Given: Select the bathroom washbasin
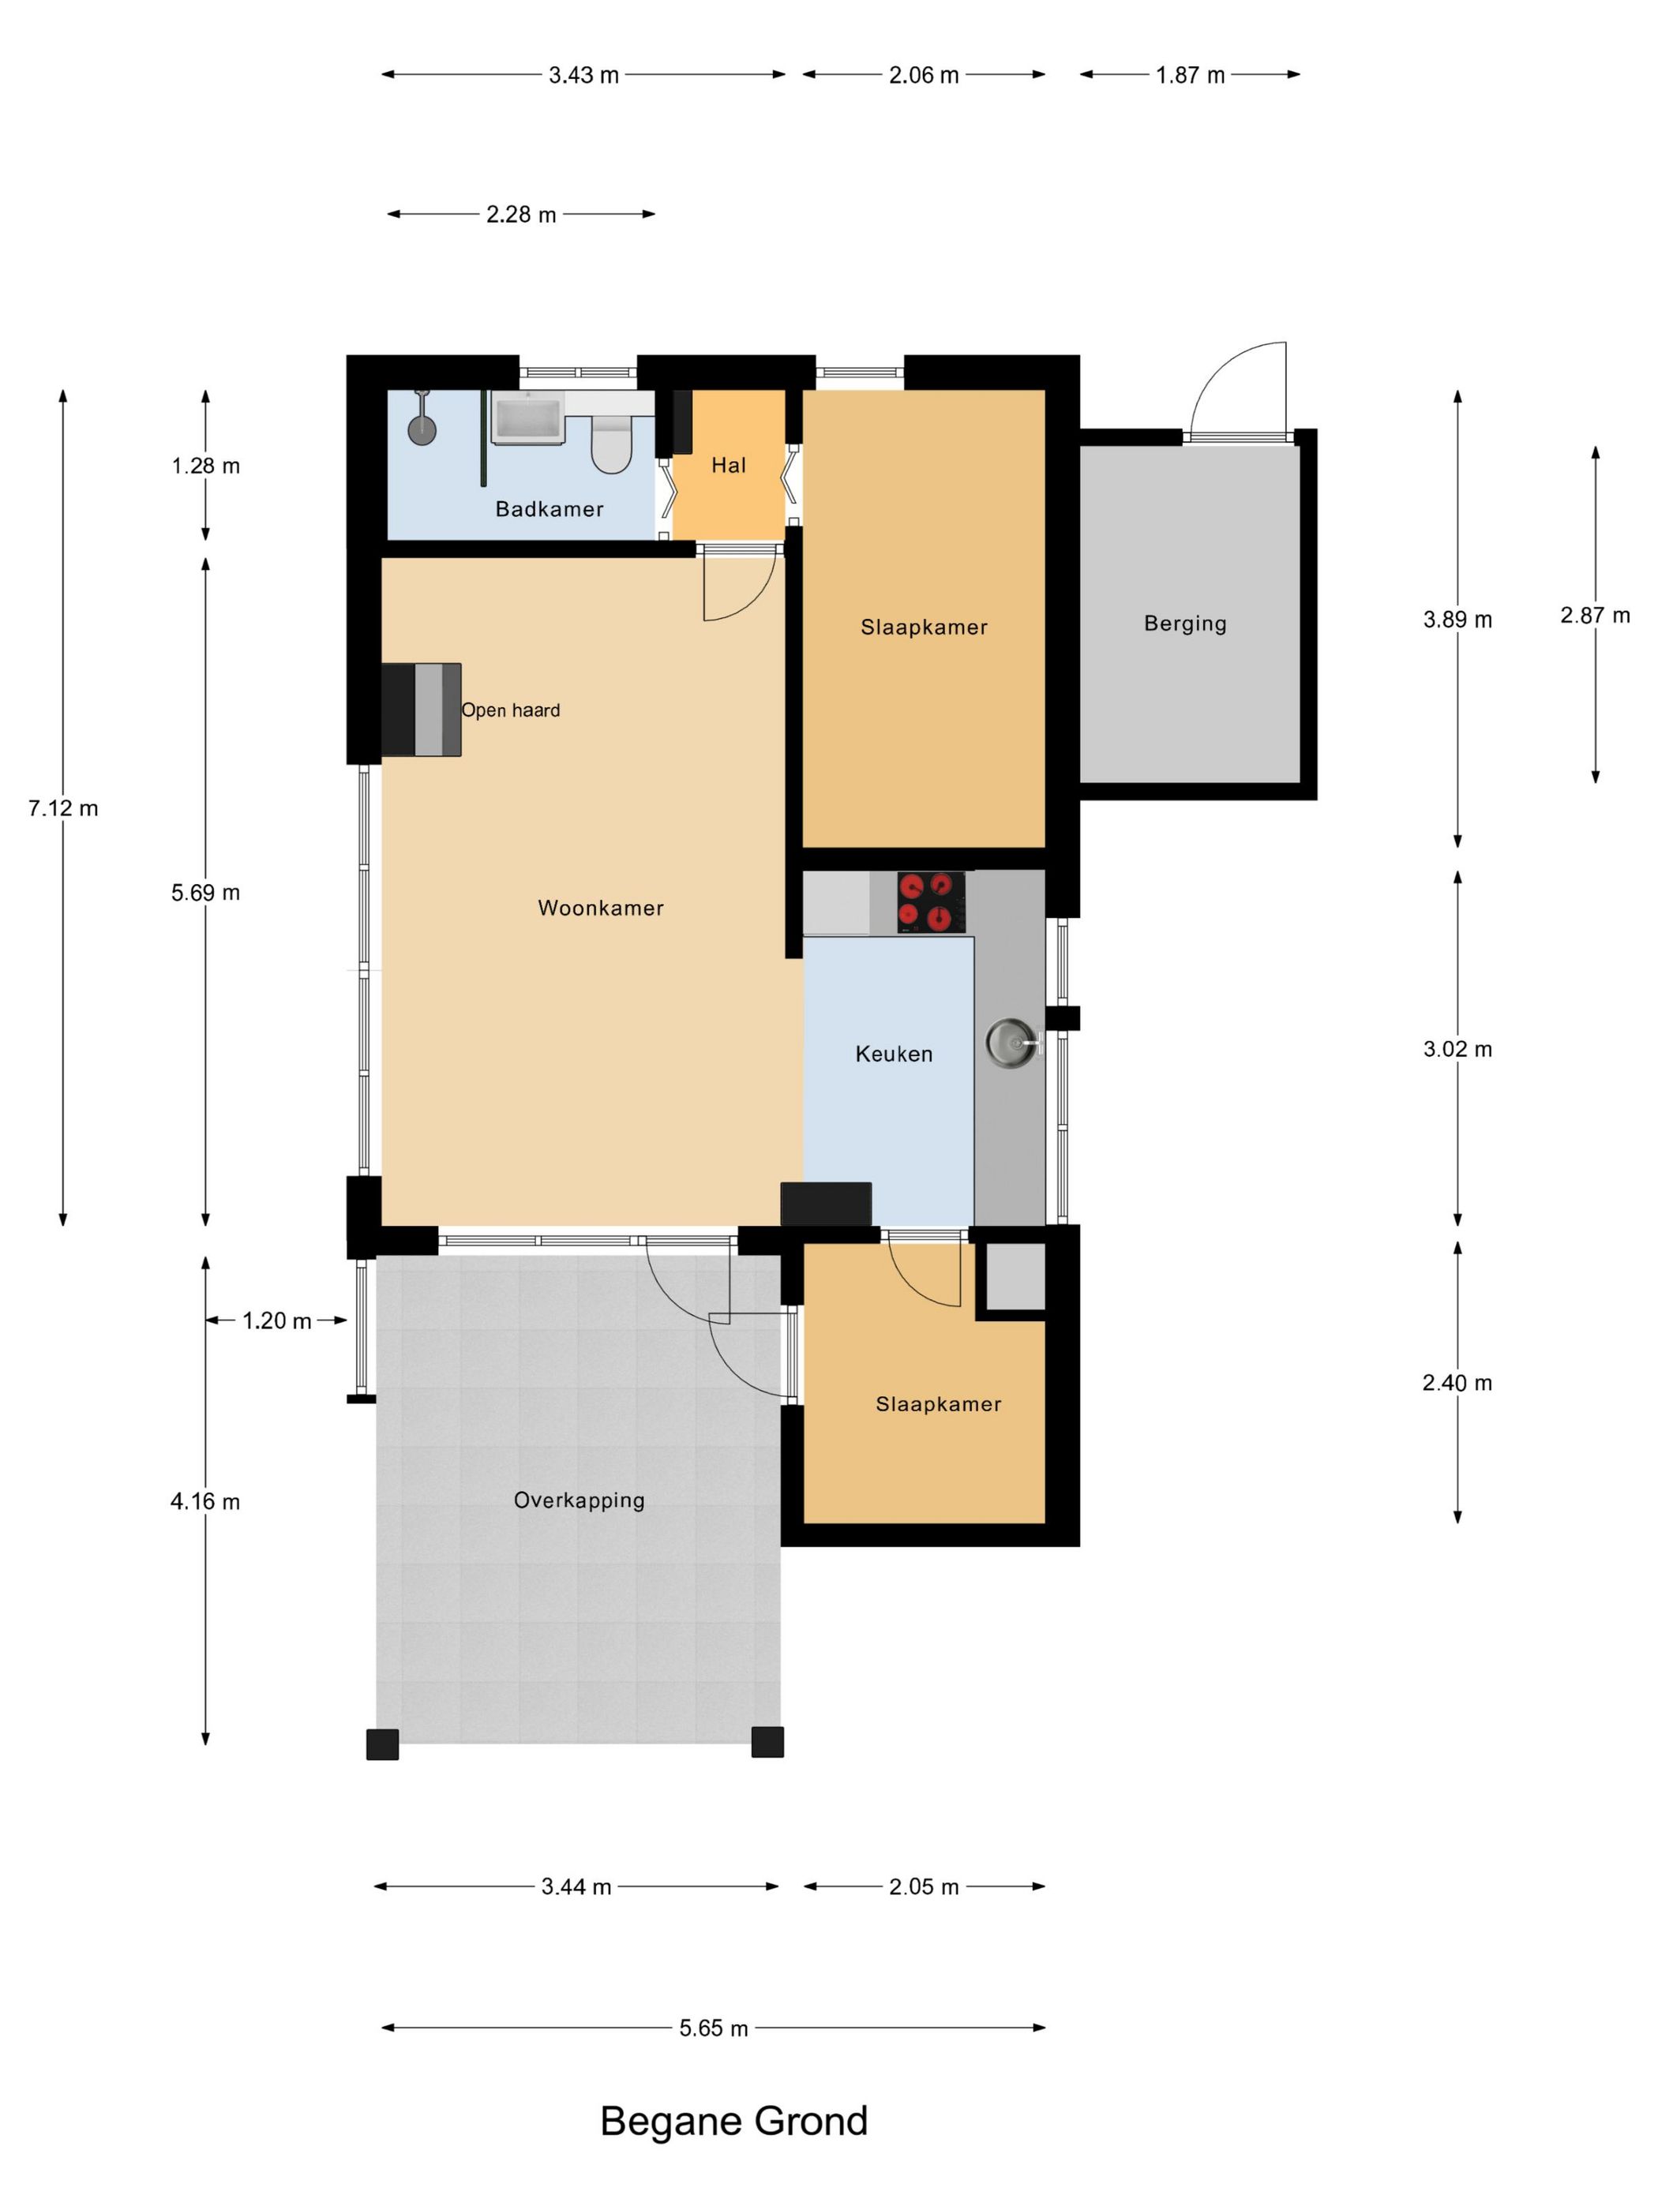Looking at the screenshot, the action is point(527,417).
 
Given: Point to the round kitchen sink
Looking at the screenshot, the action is point(1011,1044).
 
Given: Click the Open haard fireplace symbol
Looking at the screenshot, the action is point(421,710).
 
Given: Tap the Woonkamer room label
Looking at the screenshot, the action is point(601,908).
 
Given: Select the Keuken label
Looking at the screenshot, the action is point(894,1054).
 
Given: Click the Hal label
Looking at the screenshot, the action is point(729,465).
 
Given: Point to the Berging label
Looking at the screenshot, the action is point(1185,624).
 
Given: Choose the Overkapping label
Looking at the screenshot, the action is point(579,1500).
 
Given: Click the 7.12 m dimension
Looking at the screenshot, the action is point(63,808).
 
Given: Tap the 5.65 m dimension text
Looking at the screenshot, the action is point(714,2028).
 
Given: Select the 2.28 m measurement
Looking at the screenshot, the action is point(520,215).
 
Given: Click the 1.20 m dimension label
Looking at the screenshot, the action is point(277,1320).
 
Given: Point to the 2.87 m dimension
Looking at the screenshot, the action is point(1595,616).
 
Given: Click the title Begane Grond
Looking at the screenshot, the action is point(733,2121).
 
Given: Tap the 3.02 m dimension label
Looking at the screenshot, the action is point(1457,1049).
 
